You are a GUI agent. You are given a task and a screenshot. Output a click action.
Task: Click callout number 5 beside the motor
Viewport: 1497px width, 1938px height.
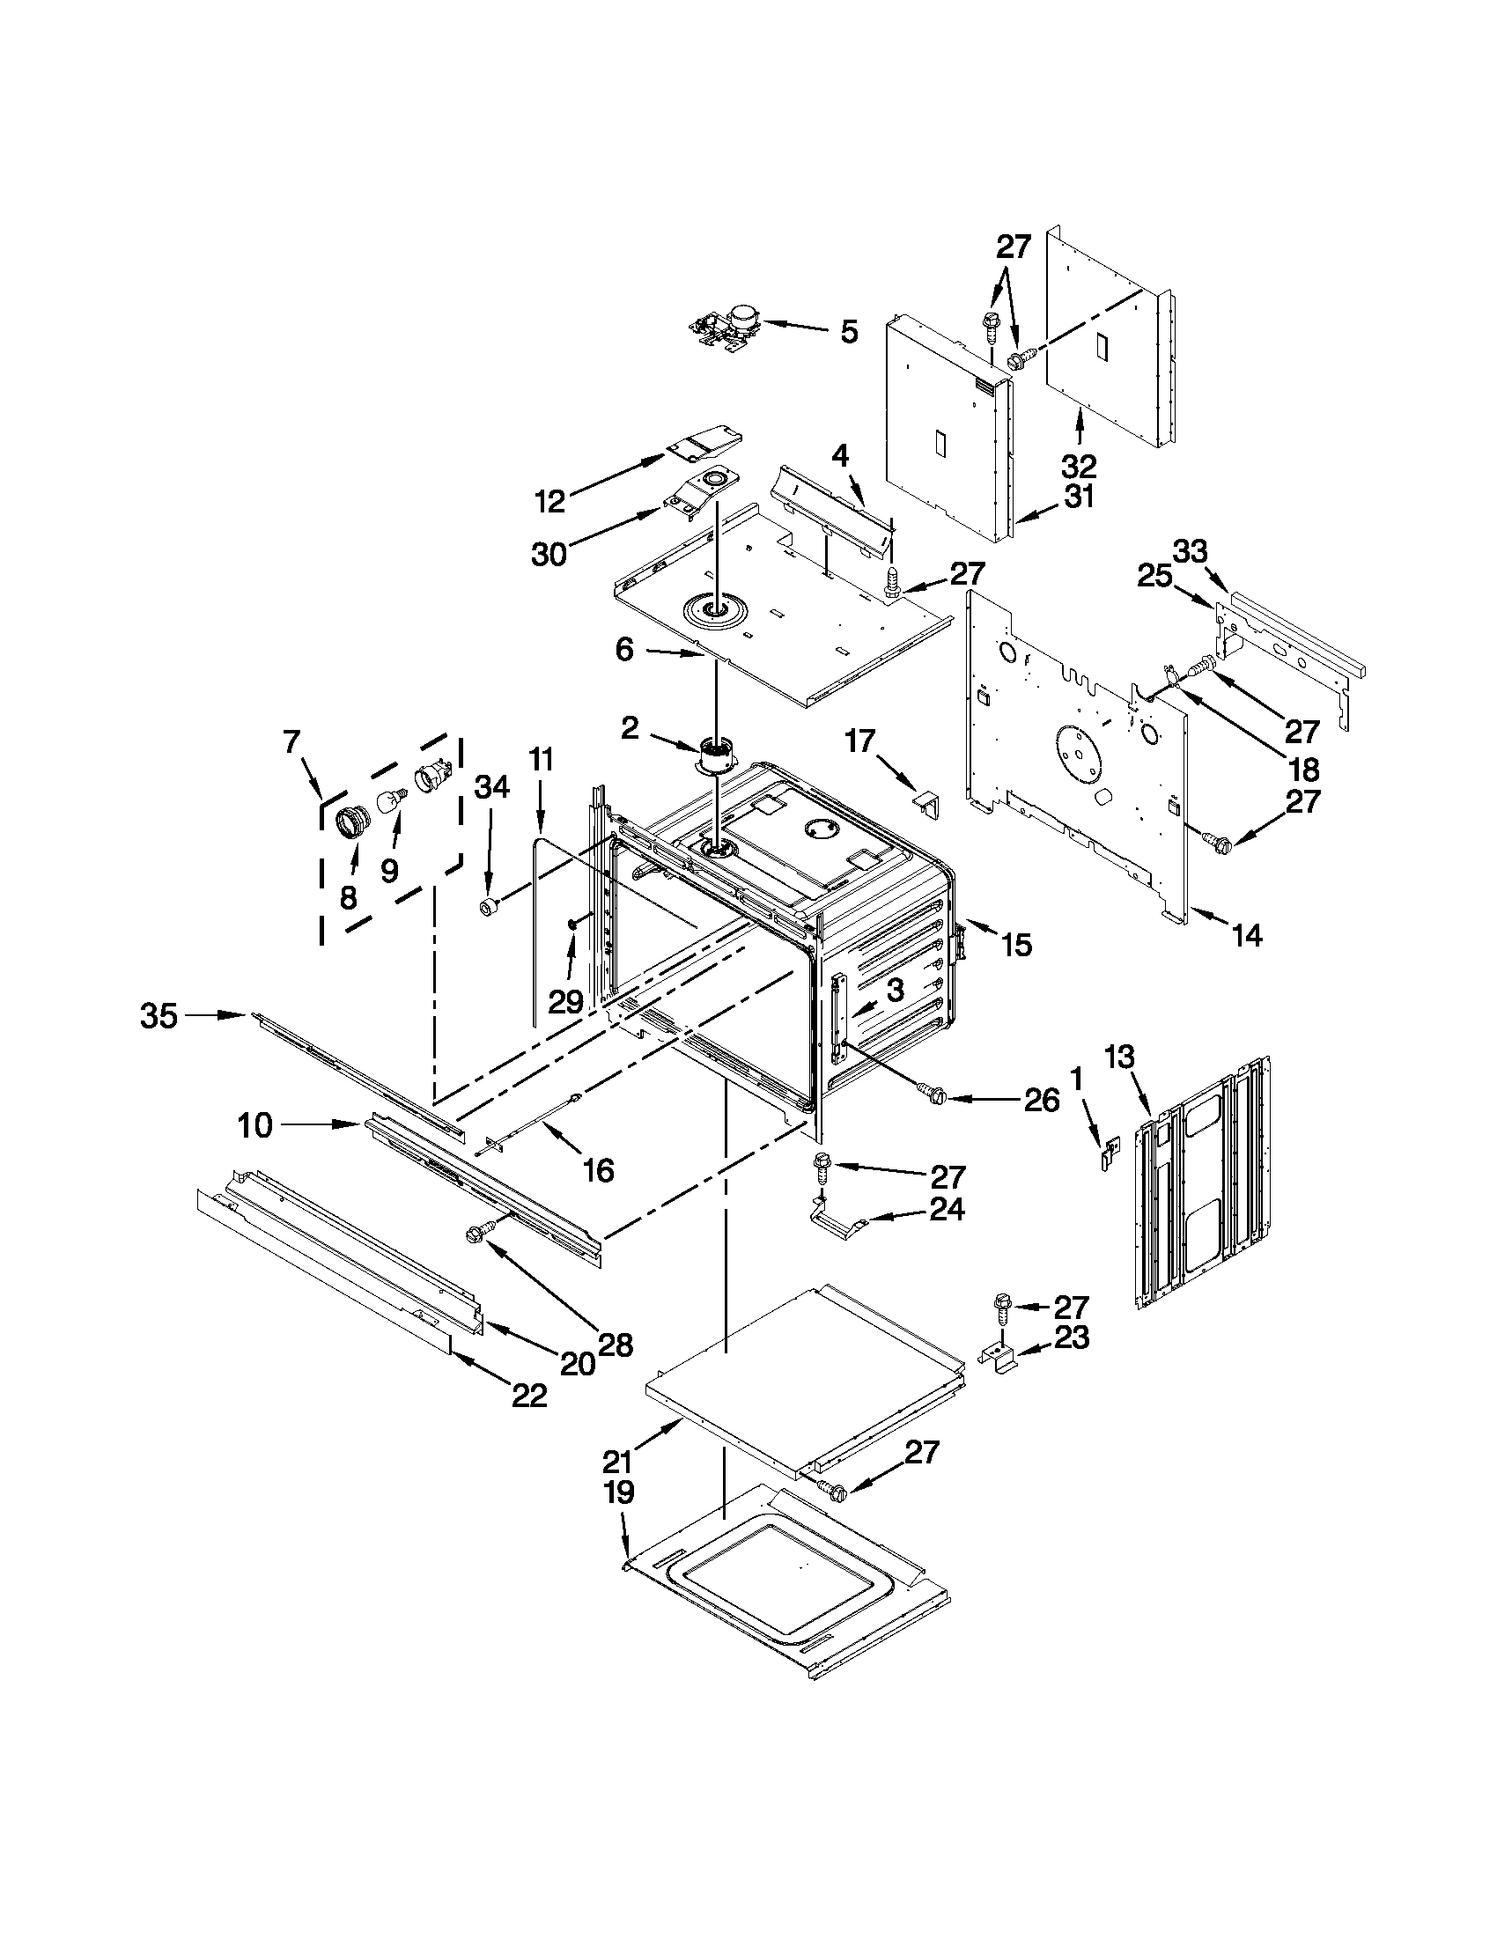point(848,333)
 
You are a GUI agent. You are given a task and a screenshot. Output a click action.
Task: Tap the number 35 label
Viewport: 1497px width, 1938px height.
point(159,1016)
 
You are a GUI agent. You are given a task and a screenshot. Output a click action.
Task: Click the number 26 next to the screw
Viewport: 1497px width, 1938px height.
point(1041,1101)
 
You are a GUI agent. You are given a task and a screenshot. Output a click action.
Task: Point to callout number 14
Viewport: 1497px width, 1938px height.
point(1247,935)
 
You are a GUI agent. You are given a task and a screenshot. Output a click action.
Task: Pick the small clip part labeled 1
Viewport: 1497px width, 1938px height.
point(1109,1154)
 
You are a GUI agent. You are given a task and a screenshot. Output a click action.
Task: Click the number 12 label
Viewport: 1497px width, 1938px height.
point(550,501)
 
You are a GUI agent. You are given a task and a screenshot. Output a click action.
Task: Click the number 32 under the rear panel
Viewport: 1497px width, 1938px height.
point(1079,466)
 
